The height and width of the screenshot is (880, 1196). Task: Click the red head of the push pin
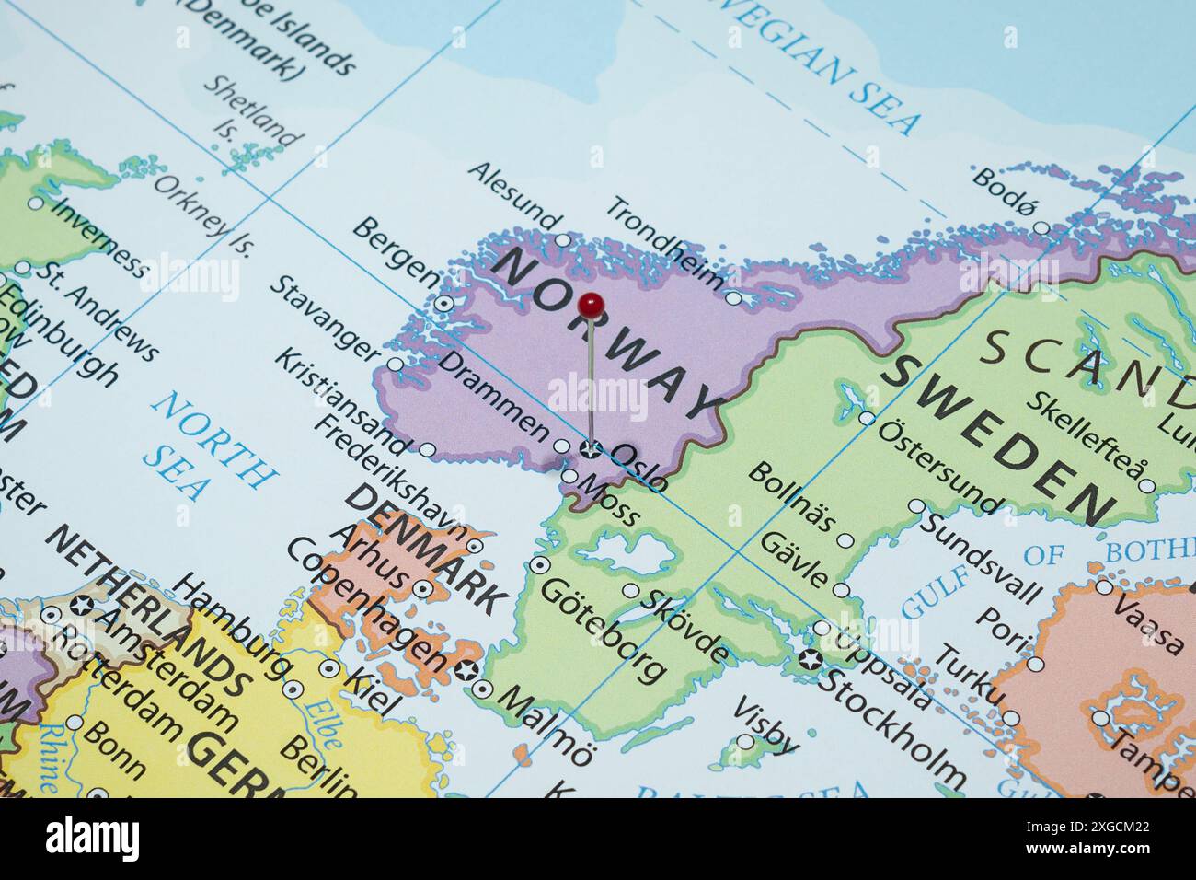(592, 304)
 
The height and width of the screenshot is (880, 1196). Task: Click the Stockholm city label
(892, 728)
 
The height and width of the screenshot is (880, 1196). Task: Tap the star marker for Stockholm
(810, 659)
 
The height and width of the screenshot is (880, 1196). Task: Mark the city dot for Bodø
(1041, 227)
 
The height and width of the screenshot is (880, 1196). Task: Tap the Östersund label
(938, 466)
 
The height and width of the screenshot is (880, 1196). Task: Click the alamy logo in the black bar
(93, 839)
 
